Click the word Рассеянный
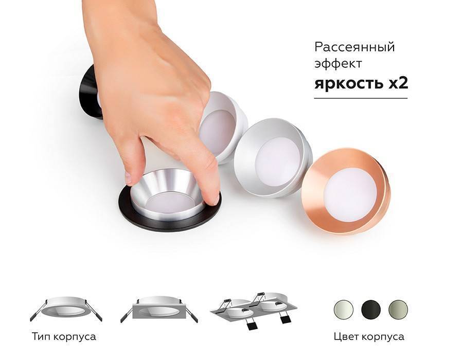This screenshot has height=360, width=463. tap(354, 47)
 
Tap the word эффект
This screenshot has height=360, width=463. tap(339, 64)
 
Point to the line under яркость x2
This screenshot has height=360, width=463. tap(361, 98)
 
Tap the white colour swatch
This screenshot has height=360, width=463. tap(344, 310)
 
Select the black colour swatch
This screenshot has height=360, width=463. tap(370, 310)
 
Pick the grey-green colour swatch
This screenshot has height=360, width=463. tap(398, 310)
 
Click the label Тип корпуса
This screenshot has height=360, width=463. tap(64, 337)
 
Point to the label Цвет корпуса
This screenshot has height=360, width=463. tap(368, 337)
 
